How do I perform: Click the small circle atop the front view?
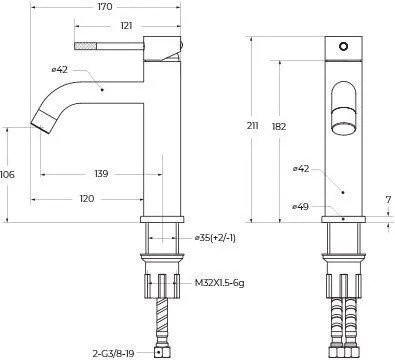point(345,46)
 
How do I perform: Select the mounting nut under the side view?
point(164,283)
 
